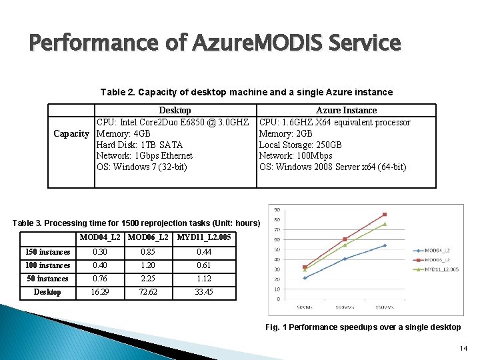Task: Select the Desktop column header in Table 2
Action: pyautogui.click(x=175, y=110)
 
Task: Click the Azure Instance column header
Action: pyautogui.click(x=346, y=110)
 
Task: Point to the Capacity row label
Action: pyautogui.click(x=71, y=133)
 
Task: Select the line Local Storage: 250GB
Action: pyautogui.click(x=300, y=145)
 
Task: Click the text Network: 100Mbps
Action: pyautogui.click(x=295, y=156)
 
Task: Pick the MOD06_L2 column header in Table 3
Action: pyautogui.click(x=148, y=237)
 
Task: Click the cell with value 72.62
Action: pyautogui.click(x=148, y=292)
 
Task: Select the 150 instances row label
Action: pyautogui.click(x=47, y=252)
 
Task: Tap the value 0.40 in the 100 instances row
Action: pyautogui.click(x=100, y=265)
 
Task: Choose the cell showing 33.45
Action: pyautogui.click(x=203, y=292)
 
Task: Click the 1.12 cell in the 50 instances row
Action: pyautogui.click(x=203, y=279)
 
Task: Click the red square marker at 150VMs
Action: pyautogui.click(x=385, y=215)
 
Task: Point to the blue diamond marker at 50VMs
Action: pyautogui.click(x=305, y=278)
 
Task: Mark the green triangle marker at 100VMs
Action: pyautogui.click(x=345, y=245)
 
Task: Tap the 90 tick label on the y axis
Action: pyautogui.click(x=276, y=210)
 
